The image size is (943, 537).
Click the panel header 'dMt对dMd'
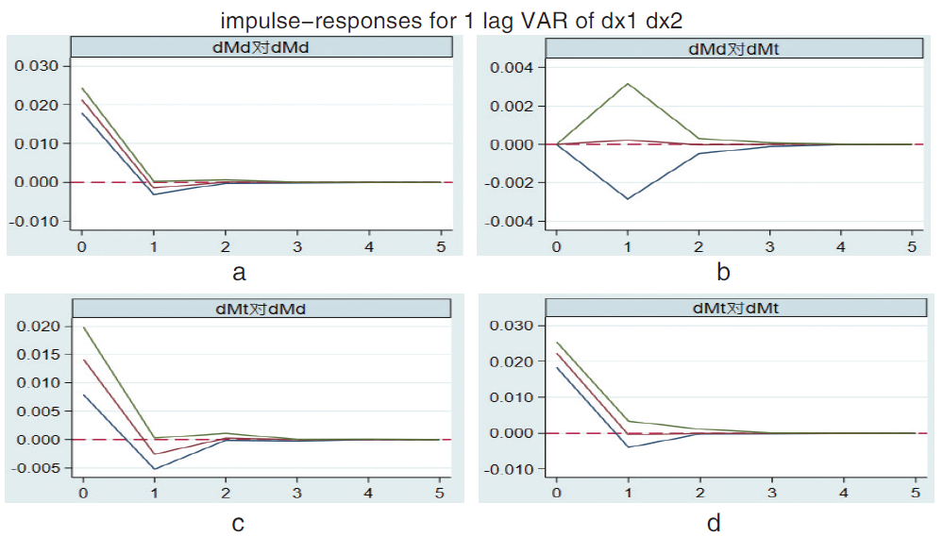[261, 308]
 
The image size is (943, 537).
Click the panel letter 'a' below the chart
[239, 274]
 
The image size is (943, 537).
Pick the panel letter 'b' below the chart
[723, 274]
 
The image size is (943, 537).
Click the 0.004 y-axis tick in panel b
[513, 68]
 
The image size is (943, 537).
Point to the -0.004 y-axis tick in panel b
[510, 222]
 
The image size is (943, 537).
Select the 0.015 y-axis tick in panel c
[40, 355]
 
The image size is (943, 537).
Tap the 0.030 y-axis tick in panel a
[38, 66]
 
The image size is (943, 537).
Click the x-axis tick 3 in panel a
[297, 247]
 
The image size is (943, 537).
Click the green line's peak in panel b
[628, 83]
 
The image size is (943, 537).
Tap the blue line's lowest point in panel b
[628, 199]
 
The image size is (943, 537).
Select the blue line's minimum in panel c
[155, 469]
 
